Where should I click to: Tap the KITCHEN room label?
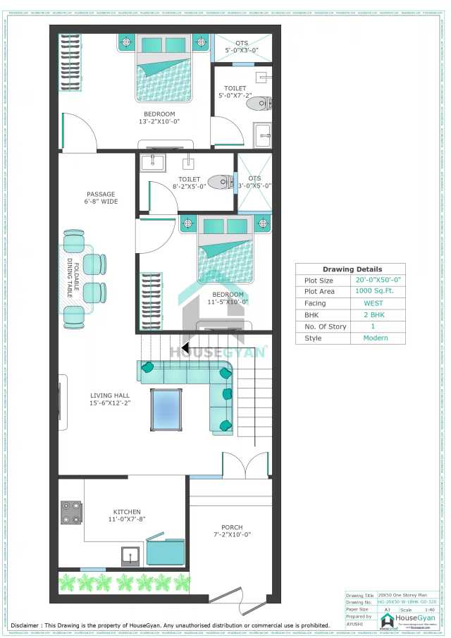point(127,512)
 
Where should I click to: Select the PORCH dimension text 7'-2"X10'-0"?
point(232,534)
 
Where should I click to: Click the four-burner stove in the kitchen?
point(70,513)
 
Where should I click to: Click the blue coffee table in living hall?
point(167,410)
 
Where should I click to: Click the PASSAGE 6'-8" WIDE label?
point(101,198)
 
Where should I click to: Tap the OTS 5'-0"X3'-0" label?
point(242,47)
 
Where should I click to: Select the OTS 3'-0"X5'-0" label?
point(254,183)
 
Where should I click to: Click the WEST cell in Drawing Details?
point(380,303)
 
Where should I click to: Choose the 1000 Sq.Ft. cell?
point(380,291)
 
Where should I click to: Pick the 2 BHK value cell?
point(380,314)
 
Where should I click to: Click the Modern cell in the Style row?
point(380,338)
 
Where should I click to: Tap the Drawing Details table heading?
point(352,269)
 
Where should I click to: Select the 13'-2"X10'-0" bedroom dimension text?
point(159,121)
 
